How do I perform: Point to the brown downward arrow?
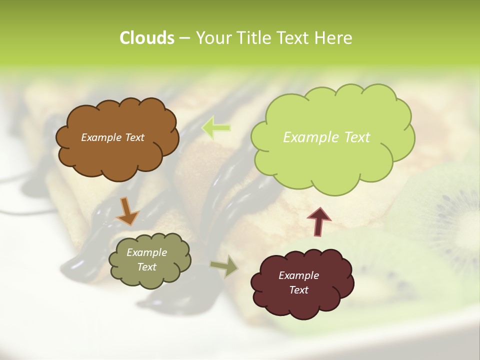pyautogui.click(x=127, y=210)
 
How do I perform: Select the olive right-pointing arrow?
pyautogui.click(x=224, y=266)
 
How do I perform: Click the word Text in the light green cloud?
pyautogui.click(x=356, y=137)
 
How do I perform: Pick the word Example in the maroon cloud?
pyautogui.click(x=298, y=275)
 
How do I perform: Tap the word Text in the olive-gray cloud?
pyautogui.click(x=146, y=267)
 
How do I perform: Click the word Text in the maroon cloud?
pyautogui.click(x=298, y=290)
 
